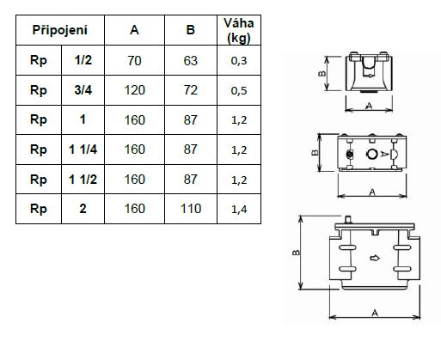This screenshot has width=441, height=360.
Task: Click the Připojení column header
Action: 60,30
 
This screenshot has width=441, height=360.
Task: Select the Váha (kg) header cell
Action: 239,30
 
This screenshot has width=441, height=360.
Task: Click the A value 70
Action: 134,61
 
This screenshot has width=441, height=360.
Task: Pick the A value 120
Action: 134,90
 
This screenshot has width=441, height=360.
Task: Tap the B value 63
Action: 191,61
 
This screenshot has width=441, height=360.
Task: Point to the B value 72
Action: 191,90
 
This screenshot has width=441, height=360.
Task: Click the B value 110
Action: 191,209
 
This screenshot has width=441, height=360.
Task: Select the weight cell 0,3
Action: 239,61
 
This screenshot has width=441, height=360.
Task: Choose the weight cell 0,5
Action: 239,90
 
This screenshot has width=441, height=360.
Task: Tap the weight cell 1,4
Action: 239,209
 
